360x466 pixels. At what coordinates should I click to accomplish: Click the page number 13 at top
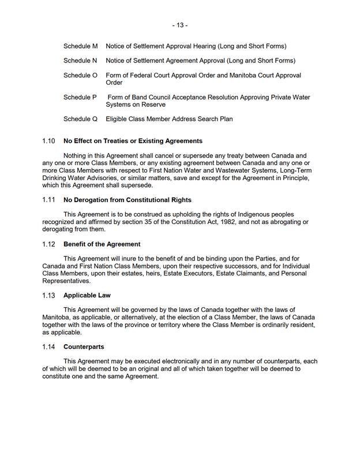(179, 25)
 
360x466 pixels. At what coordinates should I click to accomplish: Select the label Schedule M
(80, 46)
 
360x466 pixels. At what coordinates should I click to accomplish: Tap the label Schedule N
(80, 61)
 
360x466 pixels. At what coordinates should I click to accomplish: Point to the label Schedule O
(80, 76)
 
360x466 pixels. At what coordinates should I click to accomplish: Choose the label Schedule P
(80, 98)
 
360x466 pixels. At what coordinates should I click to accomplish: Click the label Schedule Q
(80, 120)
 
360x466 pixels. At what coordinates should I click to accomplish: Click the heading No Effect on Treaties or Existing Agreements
(133, 141)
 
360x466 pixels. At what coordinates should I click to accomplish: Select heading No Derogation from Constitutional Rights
(127, 200)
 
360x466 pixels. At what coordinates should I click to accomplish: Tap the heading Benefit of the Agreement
(102, 244)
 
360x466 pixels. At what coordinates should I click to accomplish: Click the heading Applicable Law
(87, 296)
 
